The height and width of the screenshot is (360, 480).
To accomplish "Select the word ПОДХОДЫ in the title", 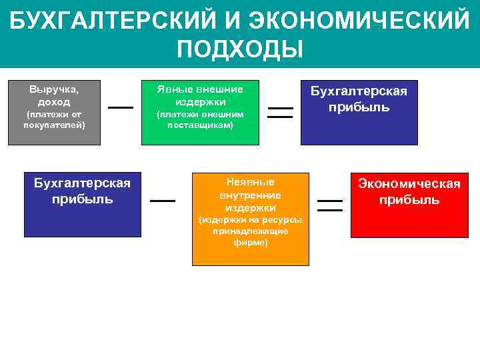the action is click(240, 49).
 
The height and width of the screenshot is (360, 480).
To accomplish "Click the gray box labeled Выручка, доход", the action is click(54, 112).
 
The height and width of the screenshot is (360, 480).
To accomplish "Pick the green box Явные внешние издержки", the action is click(199, 112).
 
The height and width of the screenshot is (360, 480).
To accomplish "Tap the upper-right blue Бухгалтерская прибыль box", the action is click(359, 112).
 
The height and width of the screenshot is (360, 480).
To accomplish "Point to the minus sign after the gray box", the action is click(121, 107).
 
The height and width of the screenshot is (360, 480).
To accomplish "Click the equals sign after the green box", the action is click(280, 111).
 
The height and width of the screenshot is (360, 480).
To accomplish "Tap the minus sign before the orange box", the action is click(163, 200).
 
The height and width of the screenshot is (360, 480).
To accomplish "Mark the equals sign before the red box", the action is click(329, 205).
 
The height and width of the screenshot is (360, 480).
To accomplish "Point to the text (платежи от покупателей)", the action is click(54, 119).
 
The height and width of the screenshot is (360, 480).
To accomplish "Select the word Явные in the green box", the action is click(173, 89).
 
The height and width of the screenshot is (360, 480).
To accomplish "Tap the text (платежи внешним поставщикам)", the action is click(199, 119).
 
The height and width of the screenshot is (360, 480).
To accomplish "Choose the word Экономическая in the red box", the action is click(409, 184).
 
